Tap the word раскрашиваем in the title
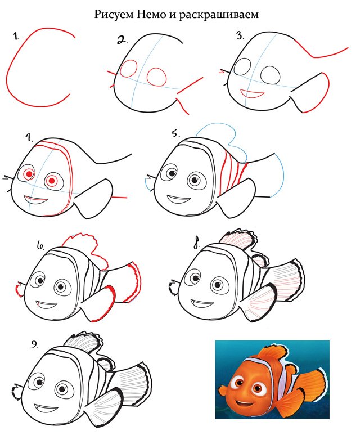pyautogui.click(x=219, y=15)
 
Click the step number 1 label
pyautogui.click(x=16, y=36)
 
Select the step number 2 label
pyautogui.click(x=123, y=40)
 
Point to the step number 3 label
pyautogui.click(x=240, y=35)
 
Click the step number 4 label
pyautogui.click(x=29, y=138)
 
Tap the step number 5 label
pyautogui.click(x=176, y=133)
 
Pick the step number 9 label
pyautogui.click(x=35, y=345)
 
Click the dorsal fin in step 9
pyautogui.click(x=83, y=342)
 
